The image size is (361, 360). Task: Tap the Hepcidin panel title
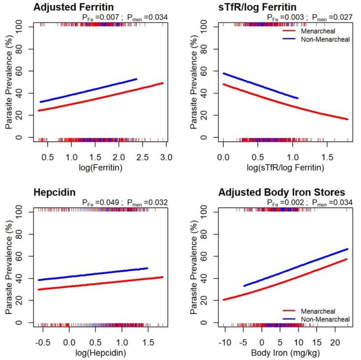pyautogui.click(x=55, y=193)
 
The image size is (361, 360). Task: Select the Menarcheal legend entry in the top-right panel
pyautogui.click(x=317, y=31)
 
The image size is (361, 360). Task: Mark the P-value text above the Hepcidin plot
pyautogui.click(x=125, y=202)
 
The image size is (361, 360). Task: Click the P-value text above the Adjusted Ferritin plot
pyautogui.click(x=125, y=17)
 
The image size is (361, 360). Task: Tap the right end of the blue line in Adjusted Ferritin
pyautogui.click(x=136, y=79)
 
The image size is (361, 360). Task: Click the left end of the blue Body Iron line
pyautogui.click(x=243, y=286)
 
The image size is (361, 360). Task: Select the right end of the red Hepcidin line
pyautogui.click(x=162, y=277)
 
